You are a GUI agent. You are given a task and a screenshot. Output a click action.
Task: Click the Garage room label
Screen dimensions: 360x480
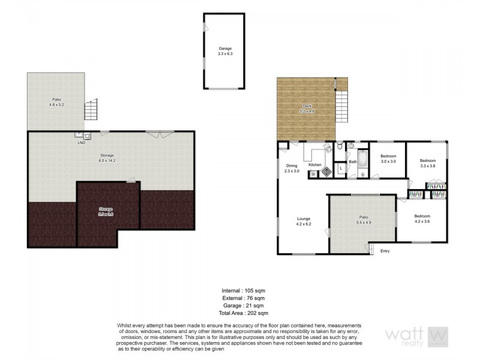(x=224, y=51)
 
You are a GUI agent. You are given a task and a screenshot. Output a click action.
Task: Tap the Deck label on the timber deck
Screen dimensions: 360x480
(x=307, y=109)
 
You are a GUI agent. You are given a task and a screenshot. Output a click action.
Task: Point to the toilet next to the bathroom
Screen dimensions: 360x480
(x=340, y=146)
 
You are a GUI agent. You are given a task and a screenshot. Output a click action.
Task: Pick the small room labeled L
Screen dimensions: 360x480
(x=340, y=169)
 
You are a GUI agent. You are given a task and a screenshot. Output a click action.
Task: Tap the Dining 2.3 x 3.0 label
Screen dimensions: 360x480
(x=292, y=168)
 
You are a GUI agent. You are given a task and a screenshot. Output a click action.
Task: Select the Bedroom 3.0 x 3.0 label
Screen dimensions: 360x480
(x=388, y=159)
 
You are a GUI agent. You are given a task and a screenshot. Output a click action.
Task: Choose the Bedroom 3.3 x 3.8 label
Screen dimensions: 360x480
(x=427, y=163)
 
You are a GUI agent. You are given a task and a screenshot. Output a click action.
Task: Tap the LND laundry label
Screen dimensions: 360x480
(x=81, y=143)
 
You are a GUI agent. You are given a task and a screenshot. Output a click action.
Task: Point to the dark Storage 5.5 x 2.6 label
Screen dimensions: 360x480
(x=106, y=211)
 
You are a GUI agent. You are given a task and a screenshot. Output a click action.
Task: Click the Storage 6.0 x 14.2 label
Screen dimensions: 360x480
(x=107, y=158)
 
